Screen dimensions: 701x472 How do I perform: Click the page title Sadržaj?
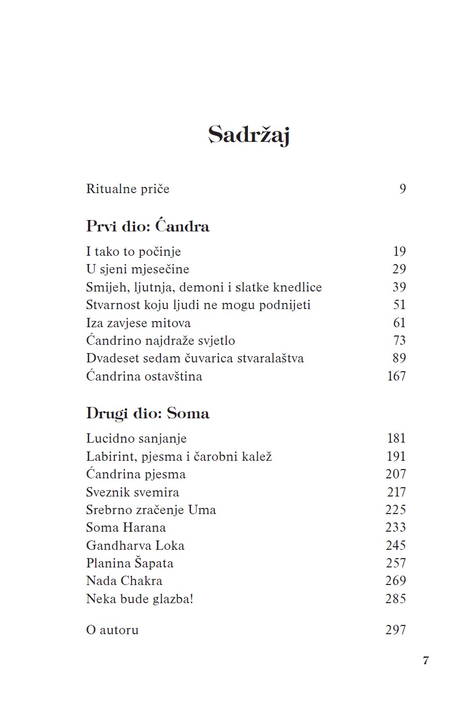[248, 135]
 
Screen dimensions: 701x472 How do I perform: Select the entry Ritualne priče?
[127, 189]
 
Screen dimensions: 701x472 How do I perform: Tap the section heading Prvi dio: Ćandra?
[148, 227]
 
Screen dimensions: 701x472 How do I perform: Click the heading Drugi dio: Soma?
[148, 414]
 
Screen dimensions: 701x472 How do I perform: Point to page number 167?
[396, 376]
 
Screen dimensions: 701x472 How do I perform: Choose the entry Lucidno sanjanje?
[136, 439]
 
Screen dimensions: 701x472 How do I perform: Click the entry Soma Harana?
[126, 528]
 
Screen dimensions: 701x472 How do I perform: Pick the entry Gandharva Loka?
[135, 546]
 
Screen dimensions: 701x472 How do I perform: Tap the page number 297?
[396, 630]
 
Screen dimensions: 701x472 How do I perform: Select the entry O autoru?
[112, 630]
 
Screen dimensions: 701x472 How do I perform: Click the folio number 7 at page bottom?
[426, 661]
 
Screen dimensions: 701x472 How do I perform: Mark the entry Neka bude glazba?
[140, 599]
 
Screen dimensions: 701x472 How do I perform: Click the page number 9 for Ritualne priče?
[403, 189]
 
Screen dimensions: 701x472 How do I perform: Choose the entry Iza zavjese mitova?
[138, 323]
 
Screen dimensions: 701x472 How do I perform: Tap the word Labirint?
[110, 457]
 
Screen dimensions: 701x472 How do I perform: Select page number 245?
[396, 546]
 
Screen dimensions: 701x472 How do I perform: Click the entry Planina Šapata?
[129, 563]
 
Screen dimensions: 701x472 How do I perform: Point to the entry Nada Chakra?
[124, 581]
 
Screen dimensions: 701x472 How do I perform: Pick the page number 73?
[400, 341]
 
